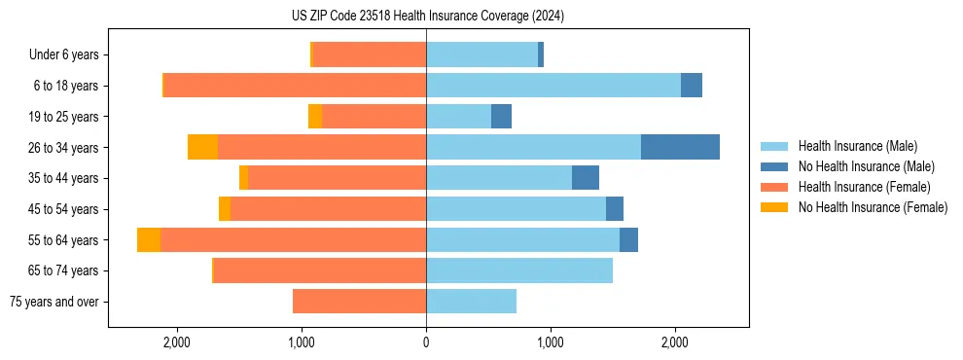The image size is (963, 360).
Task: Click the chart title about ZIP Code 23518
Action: point(427,17)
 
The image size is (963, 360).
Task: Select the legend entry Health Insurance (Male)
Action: point(857,146)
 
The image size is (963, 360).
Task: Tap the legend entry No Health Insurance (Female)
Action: point(872,207)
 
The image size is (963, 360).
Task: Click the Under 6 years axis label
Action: point(63,55)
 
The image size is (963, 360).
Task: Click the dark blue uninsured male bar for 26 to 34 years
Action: point(680,147)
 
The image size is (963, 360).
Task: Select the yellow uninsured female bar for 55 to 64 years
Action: point(149,239)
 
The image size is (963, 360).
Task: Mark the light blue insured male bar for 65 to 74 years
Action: point(519,270)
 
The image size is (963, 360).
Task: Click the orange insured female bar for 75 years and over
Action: point(359,302)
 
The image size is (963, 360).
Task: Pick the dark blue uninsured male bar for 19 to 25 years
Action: point(501,117)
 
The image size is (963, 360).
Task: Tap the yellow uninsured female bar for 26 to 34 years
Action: point(202,147)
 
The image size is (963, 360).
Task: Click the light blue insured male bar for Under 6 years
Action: point(481,55)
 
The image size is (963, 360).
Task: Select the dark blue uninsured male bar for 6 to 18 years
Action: point(691,86)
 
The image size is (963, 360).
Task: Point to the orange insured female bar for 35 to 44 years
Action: point(337,178)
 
